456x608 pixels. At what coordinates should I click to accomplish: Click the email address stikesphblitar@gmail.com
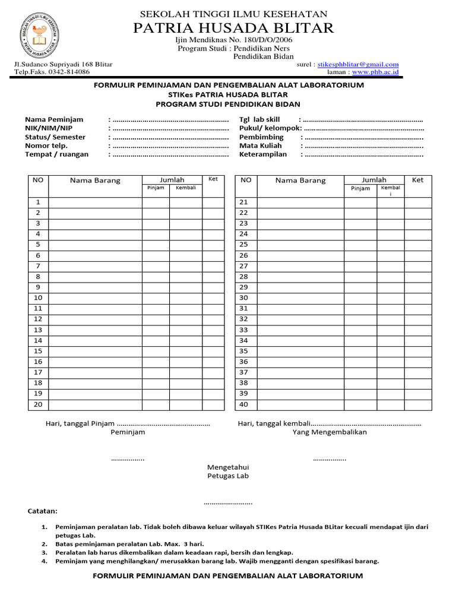click(358, 64)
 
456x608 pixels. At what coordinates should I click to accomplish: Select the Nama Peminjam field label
click(54, 119)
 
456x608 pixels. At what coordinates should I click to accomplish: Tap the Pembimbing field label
click(261, 137)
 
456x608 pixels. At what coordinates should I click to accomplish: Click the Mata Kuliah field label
click(261, 145)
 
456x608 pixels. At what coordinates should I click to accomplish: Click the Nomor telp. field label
click(46, 145)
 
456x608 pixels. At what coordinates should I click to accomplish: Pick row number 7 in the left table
click(38, 266)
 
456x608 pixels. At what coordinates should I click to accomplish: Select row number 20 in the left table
click(38, 404)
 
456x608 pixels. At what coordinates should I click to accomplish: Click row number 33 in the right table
click(243, 330)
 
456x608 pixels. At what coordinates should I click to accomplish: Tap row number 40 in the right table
click(243, 404)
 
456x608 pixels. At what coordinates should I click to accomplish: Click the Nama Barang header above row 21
click(300, 180)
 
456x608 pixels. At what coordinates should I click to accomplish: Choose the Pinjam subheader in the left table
click(156, 188)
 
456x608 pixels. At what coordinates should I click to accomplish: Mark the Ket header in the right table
click(418, 180)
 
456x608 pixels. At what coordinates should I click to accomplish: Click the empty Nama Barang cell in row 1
click(95, 202)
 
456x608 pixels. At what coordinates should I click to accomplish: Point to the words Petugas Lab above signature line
click(228, 476)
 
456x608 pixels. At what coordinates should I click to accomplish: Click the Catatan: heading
click(43, 511)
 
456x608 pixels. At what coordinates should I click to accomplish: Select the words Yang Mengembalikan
click(330, 432)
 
